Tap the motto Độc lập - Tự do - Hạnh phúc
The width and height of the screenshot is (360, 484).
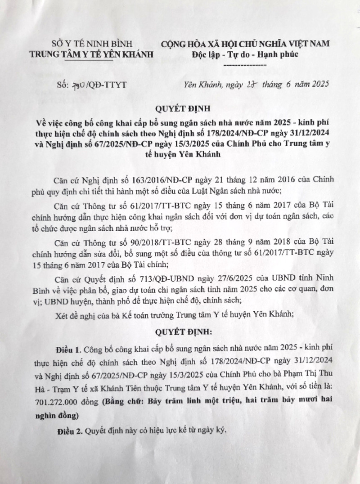tap(245, 54)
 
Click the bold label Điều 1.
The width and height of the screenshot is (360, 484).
tap(67, 349)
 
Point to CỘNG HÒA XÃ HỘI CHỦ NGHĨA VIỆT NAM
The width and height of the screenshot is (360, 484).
tap(245, 44)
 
